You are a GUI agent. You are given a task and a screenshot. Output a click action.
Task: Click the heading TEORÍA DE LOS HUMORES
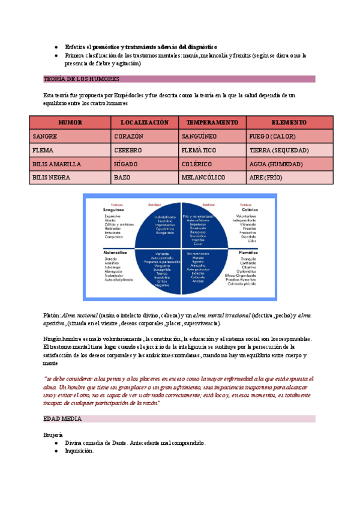(82, 79)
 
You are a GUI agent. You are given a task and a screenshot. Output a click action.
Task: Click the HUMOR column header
(70, 122)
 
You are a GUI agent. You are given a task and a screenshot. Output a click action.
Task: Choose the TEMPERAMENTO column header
(212, 122)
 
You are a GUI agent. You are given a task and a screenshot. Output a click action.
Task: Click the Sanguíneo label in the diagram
(113, 210)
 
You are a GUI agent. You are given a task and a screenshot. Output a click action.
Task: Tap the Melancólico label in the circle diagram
(116, 253)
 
